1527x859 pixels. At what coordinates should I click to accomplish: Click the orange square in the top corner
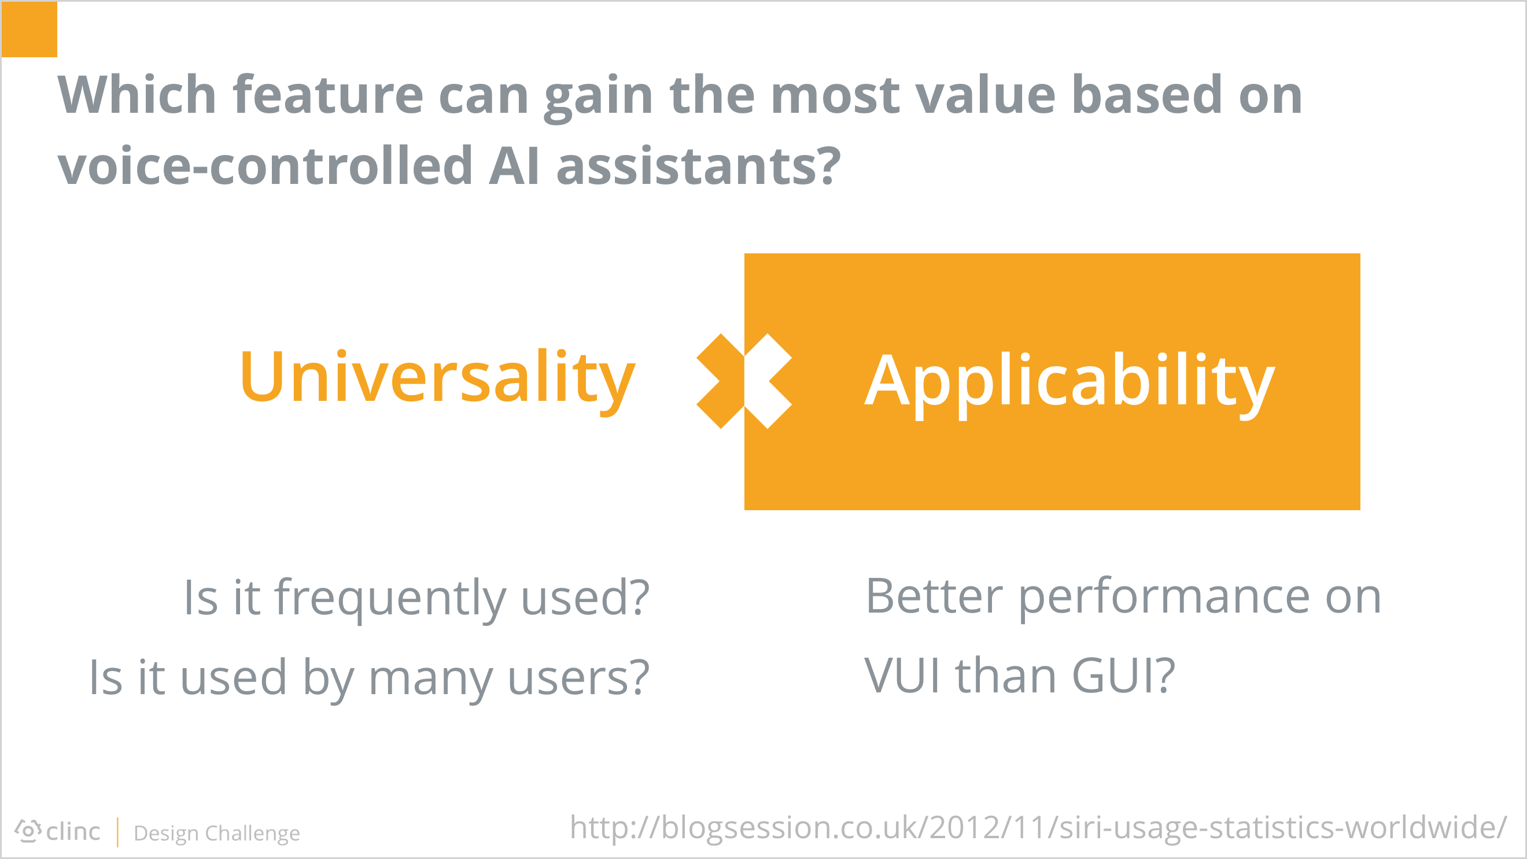(29, 29)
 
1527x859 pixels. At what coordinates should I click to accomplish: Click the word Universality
(437, 379)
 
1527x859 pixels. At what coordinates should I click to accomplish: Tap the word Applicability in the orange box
(1069, 383)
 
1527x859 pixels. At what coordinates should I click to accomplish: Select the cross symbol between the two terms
(744, 381)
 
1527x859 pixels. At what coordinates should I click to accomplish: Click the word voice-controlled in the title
(265, 165)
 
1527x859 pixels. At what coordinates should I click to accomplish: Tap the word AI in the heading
(514, 166)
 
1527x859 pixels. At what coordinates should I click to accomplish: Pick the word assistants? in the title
(698, 166)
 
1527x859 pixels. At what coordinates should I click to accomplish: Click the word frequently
(390, 599)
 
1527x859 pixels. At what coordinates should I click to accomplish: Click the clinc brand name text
(73, 832)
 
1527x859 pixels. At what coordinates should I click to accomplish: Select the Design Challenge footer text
(217, 834)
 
